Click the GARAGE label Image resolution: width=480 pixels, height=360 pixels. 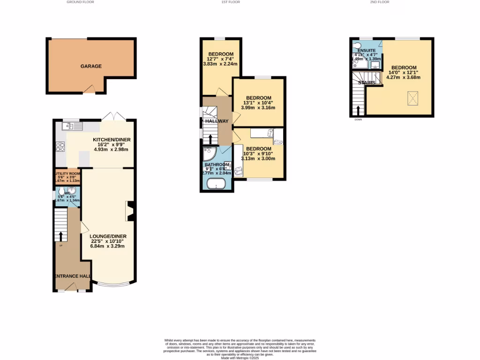91,66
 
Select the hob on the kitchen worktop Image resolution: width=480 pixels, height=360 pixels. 60,147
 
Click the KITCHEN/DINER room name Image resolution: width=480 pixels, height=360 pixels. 112,140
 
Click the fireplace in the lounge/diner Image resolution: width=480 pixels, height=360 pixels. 130,211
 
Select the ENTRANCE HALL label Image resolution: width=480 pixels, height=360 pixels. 72,276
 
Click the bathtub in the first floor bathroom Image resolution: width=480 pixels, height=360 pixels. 217,184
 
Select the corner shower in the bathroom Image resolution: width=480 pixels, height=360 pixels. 209,153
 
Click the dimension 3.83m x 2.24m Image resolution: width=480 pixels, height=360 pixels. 220,64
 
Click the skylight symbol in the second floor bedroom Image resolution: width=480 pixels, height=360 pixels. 412,98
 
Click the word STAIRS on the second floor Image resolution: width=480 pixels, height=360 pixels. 367,82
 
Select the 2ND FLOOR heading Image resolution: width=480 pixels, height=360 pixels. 380,2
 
